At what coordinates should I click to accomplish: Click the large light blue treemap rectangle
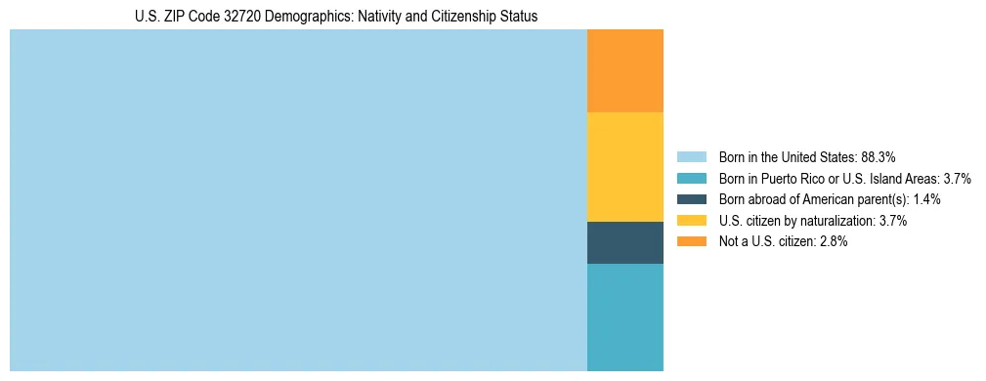tap(298, 200)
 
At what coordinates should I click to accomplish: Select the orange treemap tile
tap(624, 71)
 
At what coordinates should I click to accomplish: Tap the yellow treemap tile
tap(624, 167)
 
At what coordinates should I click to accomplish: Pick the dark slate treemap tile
tap(624, 242)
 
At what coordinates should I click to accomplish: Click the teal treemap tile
tap(624, 317)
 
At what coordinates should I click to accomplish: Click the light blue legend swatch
tap(691, 157)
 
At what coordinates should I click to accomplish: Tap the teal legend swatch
tap(691, 179)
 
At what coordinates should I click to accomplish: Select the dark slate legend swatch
tap(691, 199)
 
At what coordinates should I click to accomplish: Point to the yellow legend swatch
tap(691, 221)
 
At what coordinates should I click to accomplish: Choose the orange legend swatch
tap(691, 241)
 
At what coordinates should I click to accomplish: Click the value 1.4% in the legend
tap(927, 199)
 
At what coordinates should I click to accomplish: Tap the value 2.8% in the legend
tap(834, 241)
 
